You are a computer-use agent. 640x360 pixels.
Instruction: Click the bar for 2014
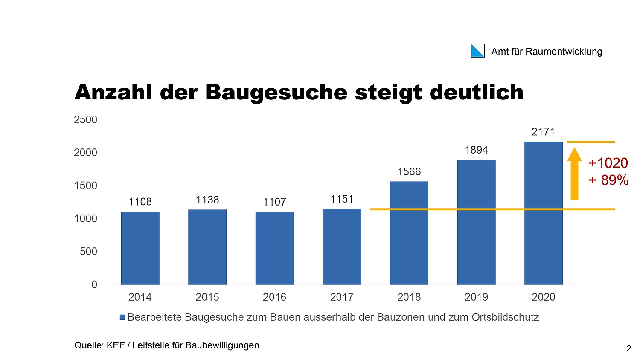point(140,248)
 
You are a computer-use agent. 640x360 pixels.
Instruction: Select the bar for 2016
point(274,248)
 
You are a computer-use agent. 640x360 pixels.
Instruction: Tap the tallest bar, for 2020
point(543,213)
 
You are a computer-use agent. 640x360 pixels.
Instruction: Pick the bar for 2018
point(409,233)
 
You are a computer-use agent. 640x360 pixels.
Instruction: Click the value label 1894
point(476,150)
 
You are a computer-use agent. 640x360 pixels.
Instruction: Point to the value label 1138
point(207,200)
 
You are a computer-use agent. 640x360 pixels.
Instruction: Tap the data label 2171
point(543,132)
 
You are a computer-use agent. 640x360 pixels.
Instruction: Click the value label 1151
point(342,199)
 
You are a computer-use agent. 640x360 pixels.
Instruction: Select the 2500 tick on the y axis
point(85,120)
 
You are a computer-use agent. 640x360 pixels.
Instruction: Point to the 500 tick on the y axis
point(88,252)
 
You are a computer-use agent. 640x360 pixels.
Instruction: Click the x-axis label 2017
point(342,297)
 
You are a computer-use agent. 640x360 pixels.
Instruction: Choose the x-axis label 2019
point(476,297)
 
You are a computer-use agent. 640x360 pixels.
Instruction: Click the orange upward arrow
point(574,173)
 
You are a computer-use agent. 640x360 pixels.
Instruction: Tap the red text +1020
point(608,163)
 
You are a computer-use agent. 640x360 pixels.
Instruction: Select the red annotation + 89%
point(608,180)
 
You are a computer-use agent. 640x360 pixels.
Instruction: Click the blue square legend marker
point(122,317)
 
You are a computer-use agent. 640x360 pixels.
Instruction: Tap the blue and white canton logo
point(477,51)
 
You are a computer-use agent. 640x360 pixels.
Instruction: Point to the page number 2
point(628,349)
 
